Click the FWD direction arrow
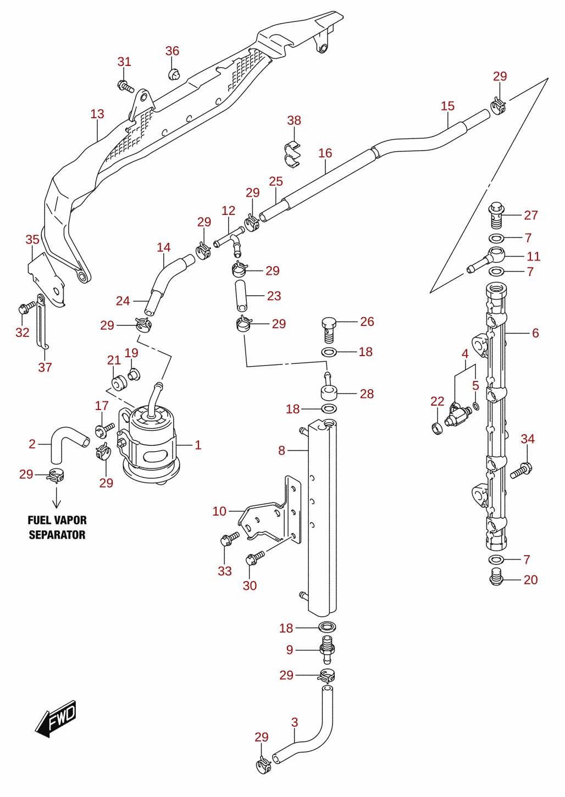click(56, 718)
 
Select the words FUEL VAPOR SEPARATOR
click(57, 527)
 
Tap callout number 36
click(172, 51)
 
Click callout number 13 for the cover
click(97, 114)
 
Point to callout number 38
click(294, 120)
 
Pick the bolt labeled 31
click(125, 86)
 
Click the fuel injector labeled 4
click(457, 414)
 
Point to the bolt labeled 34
click(521, 470)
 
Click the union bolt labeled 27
click(496, 215)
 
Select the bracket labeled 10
click(270, 511)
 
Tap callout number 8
click(281, 451)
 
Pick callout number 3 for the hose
click(294, 722)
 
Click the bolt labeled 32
click(27, 308)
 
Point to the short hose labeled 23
click(241, 296)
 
